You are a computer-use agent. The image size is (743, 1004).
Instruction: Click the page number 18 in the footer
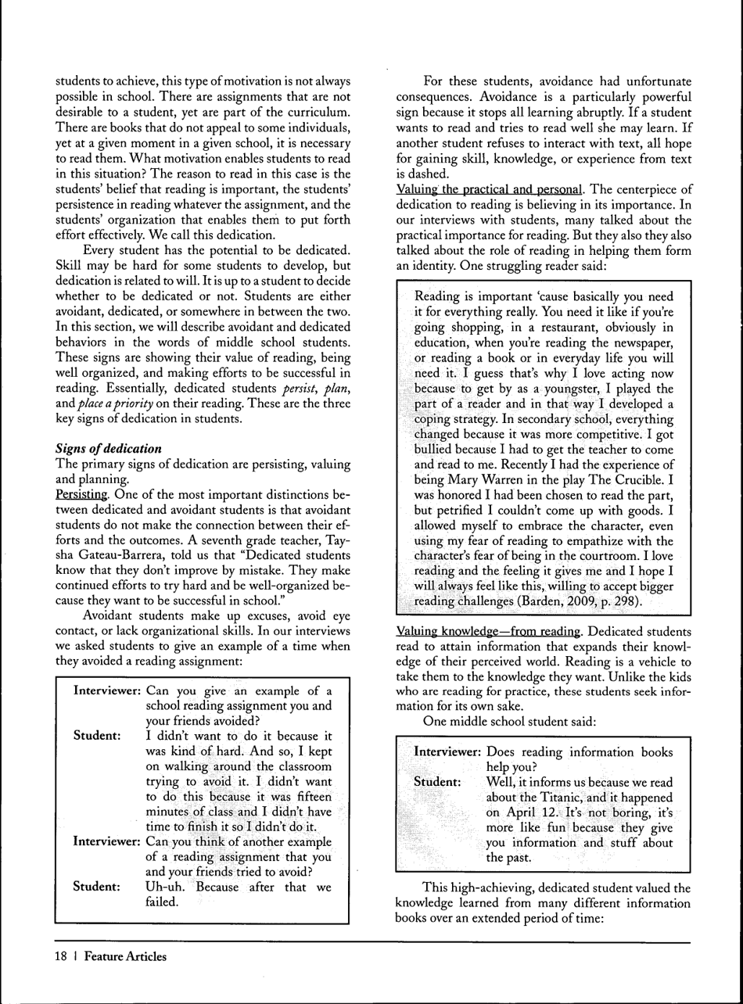point(60,956)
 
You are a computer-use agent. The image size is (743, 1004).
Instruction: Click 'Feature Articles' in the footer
point(126,956)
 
